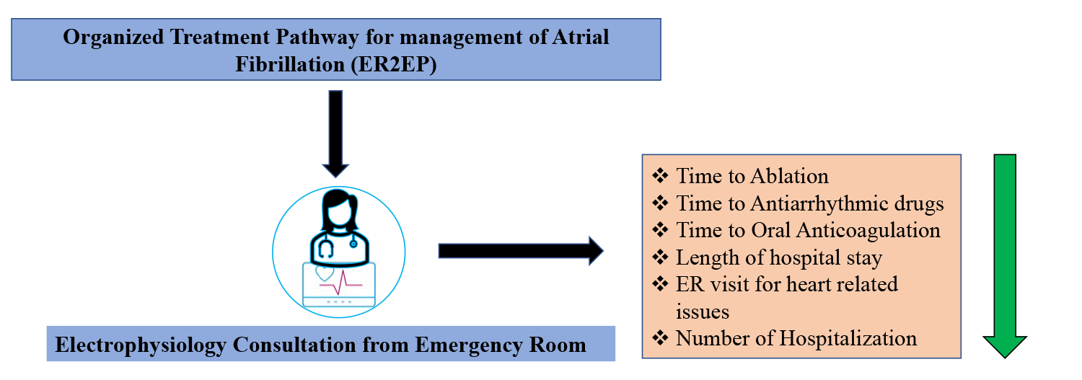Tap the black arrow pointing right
[519, 251]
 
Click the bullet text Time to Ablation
[752, 176]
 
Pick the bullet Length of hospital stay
[779, 257]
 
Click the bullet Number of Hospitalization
[796, 337]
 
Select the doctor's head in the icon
[338, 208]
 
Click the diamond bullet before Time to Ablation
[659, 176]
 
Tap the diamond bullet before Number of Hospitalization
[659, 337]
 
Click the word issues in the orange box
[702, 311]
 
